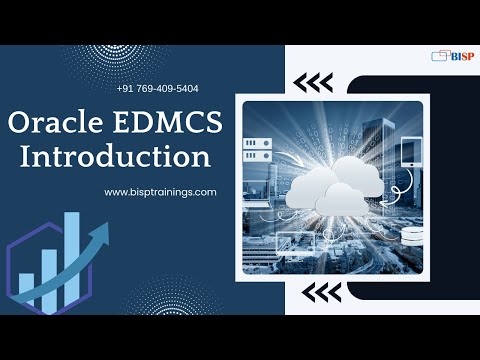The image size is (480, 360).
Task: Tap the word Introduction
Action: (x=116, y=157)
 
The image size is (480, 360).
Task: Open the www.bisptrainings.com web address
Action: (x=160, y=191)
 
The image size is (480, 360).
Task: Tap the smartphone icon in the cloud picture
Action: (x=412, y=152)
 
